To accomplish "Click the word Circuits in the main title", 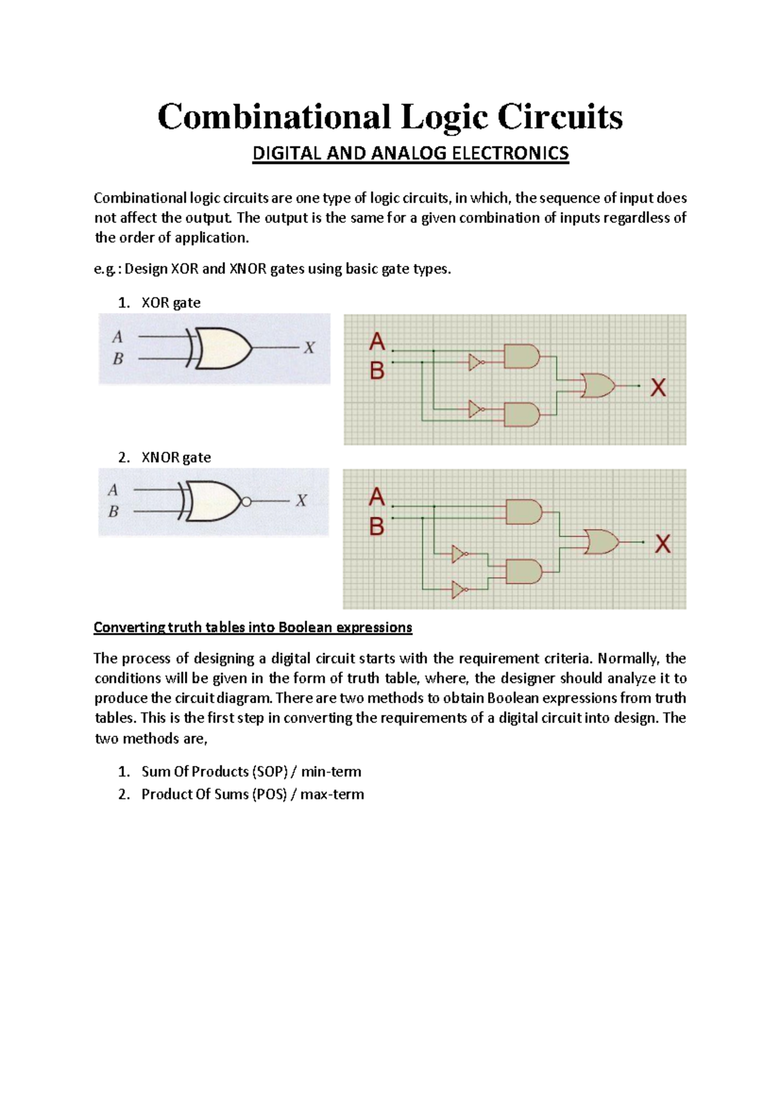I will pyautogui.click(x=560, y=118).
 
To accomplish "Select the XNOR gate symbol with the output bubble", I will pyautogui.click(x=215, y=501).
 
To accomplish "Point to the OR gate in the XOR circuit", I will pyautogui.click(x=598, y=386).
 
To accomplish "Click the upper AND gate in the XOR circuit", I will pyautogui.click(x=522, y=356).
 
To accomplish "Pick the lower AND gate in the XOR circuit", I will pyautogui.click(x=522, y=414).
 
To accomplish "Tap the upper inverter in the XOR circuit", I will pyautogui.click(x=476, y=362).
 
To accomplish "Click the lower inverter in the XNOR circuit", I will pyautogui.click(x=459, y=590).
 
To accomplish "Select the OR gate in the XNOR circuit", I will pyautogui.click(x=601, y=541).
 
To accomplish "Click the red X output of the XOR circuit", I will pyautogui.click(x=658, y=388).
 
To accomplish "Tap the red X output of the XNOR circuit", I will pyautogui.click(x=663, y=544).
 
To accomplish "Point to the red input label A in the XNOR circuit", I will pyautogui.click(x=377, y=498).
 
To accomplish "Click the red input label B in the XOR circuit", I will pyautogui.click(x=377, y=371).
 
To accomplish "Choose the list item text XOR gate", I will pyautogui.click(x=171, y=302).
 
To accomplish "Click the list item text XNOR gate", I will pyautogui.click(x=176, y=457).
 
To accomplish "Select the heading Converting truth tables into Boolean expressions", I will pyautogui.click(x=253, y=627).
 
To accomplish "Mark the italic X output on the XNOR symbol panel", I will pyautogui.click(x=301, y=501).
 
